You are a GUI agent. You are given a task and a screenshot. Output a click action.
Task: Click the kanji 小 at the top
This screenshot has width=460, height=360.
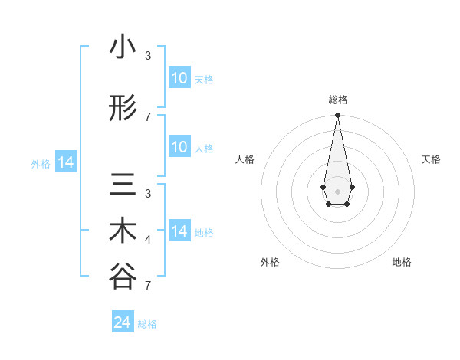click(x=123, y=48)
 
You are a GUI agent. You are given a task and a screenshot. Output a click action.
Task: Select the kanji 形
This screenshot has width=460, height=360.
click(x=123, y=110)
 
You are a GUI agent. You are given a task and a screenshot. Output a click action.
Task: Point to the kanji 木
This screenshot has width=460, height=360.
click(x=123, y=231)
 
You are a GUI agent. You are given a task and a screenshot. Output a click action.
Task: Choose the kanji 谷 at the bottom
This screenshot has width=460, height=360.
click(x=123, y=277)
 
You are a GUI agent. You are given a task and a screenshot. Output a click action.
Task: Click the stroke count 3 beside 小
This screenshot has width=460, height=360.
click(x=148, y=56)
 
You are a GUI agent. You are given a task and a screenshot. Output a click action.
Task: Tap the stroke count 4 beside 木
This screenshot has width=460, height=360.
click(x=148, y=240)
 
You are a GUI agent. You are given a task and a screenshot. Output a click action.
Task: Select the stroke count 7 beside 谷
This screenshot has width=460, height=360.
click(x=148, y=285)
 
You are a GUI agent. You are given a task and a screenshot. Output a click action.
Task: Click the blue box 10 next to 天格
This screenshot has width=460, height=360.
click(x=179, y=78)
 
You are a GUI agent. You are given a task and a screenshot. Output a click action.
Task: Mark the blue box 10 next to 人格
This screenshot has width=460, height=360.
click(x=179, y=147)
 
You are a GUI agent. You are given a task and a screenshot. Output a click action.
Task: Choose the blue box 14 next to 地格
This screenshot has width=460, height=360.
click(x=179, y=231)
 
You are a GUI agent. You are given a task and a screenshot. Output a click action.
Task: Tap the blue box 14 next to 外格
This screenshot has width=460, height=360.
click(x=66, y=162)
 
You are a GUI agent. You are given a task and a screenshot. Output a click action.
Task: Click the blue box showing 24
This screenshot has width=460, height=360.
click(x=122, y=322)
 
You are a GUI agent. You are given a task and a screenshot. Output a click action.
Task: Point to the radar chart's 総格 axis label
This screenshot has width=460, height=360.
click(x=337, y=100)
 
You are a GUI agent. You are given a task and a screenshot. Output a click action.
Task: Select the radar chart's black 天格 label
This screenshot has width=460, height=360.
click(x=431, y=159)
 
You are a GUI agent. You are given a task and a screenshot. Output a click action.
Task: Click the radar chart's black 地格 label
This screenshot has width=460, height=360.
click(x=402, y=262)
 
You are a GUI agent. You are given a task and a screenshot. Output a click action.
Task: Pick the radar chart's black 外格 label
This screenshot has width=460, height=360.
click(x=270, y=262)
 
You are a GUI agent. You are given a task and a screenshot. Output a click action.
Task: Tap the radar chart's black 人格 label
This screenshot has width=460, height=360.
click(x=245, y=159)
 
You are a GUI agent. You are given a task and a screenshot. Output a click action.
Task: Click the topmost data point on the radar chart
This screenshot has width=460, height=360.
click(x=337, y=116)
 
